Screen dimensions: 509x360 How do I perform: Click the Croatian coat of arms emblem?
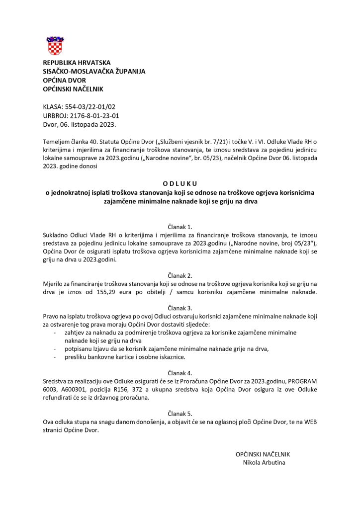click(55, 45)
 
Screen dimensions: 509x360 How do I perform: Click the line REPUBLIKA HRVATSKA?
click(77, 63)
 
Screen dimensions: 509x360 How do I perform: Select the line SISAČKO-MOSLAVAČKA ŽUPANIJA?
click(94, 72)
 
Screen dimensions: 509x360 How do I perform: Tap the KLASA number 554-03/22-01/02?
click(89, 107)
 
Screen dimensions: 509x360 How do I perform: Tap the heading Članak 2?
click(180, 275)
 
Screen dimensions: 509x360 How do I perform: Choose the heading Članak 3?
click(180, 308)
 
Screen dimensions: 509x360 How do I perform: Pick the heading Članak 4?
click(180, 372)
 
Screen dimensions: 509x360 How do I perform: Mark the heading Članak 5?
click(180, 413)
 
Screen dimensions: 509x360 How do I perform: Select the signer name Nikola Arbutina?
click(264, 462)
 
